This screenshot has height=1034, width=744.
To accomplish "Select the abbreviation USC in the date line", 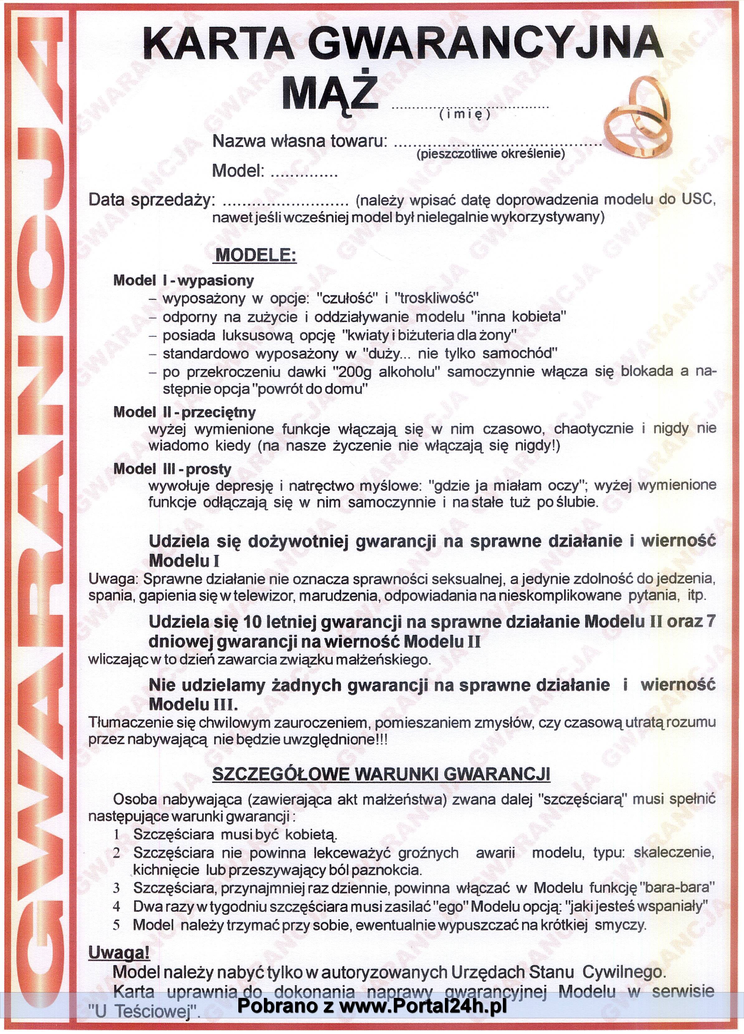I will click(698, 200).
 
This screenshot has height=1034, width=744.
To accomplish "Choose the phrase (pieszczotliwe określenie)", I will click(490, 154).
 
